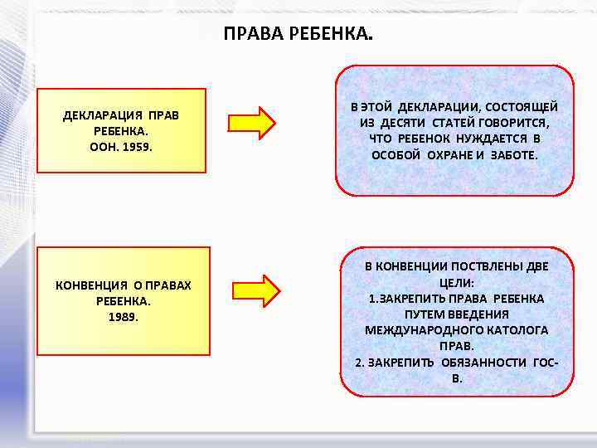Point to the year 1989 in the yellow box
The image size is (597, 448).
tap(123, 316)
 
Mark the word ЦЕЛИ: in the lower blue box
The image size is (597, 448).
tap(456, 283)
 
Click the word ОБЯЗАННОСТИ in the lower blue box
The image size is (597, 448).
tap(480, 363)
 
